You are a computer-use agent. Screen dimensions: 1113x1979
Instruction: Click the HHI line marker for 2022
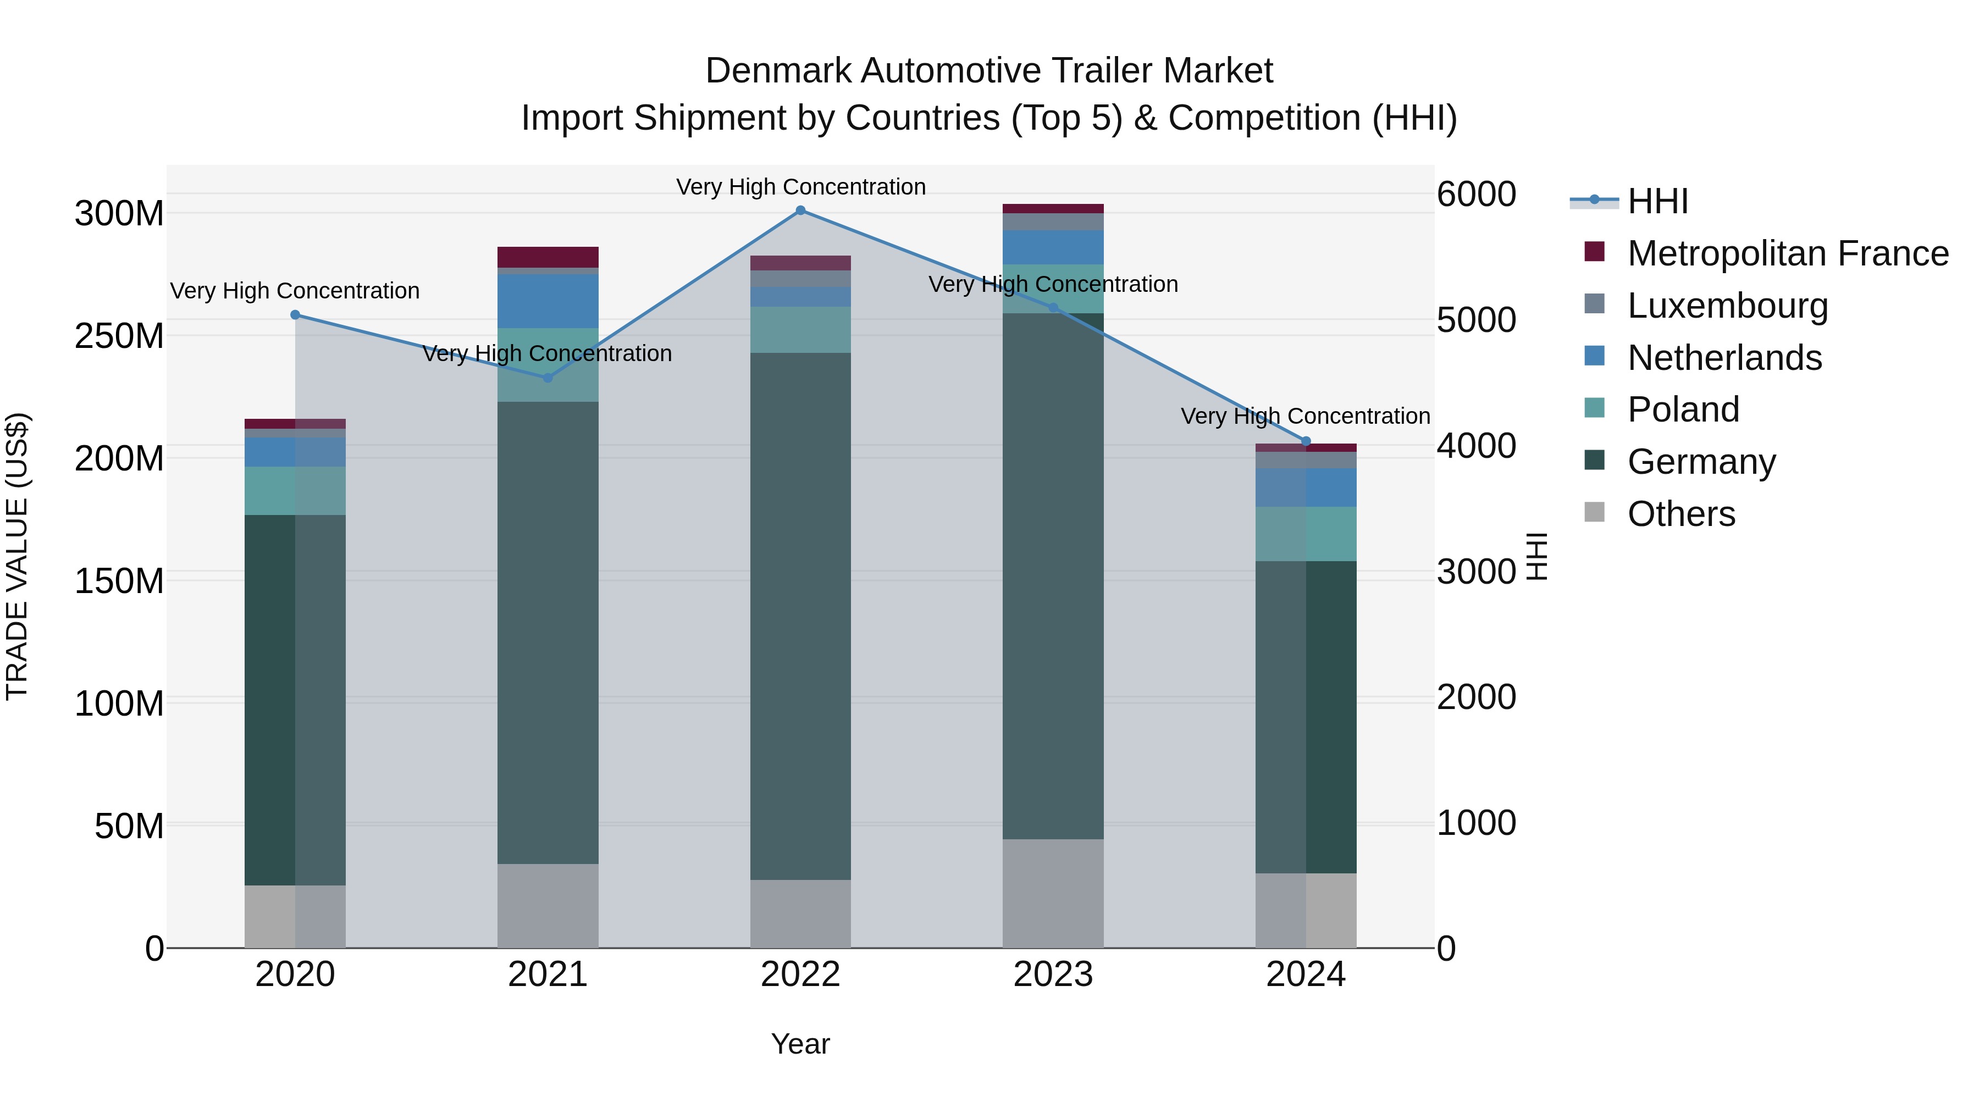tap(800, 211)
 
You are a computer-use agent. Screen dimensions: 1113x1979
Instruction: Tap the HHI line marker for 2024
tap(1306, 442)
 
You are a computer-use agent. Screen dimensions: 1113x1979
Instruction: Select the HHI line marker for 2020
tap(295, 315)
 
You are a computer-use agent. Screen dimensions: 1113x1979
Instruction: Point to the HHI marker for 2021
tap(548, 378)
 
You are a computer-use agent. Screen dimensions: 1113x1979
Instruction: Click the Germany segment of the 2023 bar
tap(1053, 576)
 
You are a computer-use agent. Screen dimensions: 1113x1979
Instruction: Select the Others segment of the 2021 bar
tap(548, 906)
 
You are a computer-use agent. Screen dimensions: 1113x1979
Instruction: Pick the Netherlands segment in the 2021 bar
tap(548, 301)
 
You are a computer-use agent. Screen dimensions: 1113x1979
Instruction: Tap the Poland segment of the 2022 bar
tap(800, 330)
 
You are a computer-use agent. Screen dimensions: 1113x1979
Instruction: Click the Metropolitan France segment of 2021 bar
tap(548, 257)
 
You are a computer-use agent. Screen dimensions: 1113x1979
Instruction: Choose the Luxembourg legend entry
tap(1727, 306)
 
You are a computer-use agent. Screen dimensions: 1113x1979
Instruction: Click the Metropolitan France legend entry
tap(1787, 253)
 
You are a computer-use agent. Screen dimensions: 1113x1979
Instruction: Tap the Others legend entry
tap(1681, 514)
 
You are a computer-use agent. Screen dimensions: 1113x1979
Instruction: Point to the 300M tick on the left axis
tap(119, 214)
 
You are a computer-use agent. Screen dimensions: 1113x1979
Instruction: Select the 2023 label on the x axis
tap(1053, 974)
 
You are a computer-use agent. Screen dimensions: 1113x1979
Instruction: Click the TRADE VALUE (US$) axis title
tap(17, 557)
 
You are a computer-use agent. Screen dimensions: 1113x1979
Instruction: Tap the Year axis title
tap(800, 1044)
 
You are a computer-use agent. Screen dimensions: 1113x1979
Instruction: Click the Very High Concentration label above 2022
tap(800, 187)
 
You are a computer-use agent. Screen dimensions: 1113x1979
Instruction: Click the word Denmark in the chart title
tap(777, 71)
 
